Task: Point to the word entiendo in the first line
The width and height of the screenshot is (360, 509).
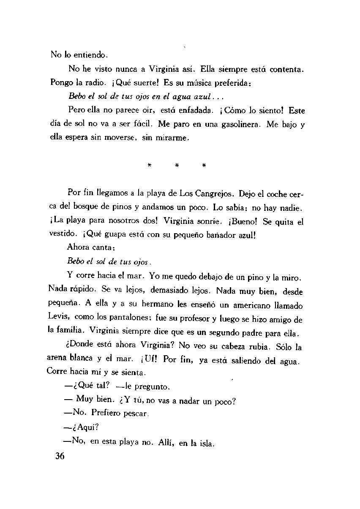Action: coord(92,54)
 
